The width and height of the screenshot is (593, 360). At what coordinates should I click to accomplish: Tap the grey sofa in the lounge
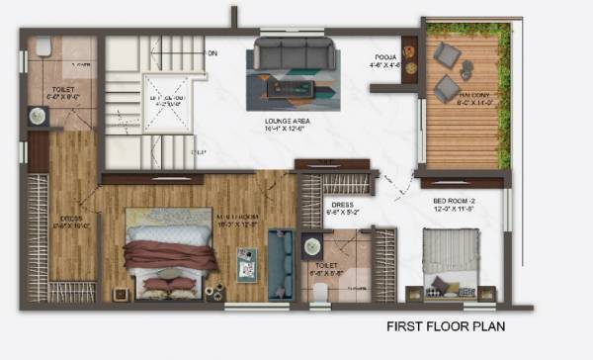(295, 54)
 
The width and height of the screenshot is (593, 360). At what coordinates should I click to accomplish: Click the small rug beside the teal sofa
(246, 264)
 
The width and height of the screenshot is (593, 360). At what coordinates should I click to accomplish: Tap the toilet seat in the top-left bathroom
(43, 47)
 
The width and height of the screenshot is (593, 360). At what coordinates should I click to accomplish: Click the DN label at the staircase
(210, 51)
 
